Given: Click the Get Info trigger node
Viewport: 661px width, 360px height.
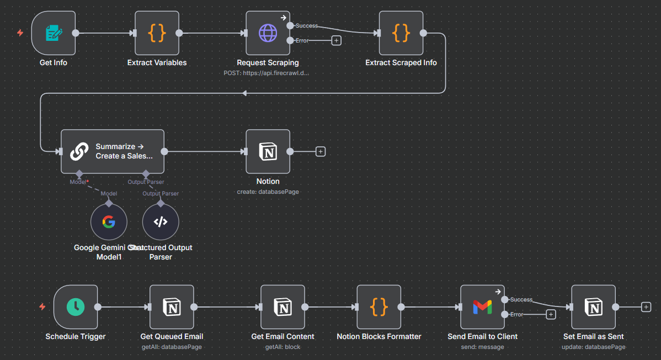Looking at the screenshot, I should (54, 33).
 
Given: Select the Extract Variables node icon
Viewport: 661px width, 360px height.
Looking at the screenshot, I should (157, 33).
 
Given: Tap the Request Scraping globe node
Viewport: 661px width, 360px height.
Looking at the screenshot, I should (268, 33).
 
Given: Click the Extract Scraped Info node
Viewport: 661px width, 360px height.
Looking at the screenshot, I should (401, 33).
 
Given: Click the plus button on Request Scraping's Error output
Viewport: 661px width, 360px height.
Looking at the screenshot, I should (336, 40).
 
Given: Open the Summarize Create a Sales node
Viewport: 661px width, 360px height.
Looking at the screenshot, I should (113, 151).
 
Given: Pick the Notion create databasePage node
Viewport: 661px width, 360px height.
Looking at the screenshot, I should (268, 151).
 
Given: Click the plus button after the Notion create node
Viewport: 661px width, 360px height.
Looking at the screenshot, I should (321, 151).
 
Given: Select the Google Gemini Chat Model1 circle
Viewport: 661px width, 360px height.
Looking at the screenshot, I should (109, 222).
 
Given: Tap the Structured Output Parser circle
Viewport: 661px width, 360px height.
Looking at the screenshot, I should (161, 222).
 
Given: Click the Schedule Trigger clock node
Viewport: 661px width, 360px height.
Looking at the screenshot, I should (76, 307).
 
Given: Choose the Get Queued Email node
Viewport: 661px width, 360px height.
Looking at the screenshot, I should (172, 307).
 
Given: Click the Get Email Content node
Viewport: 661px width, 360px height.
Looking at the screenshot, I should (282, 307).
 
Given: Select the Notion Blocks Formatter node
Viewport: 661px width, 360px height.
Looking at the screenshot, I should (379, 307).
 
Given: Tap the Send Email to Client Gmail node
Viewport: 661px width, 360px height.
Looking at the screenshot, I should (482, 307).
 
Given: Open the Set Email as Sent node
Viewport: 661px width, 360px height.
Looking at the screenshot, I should (593, 307).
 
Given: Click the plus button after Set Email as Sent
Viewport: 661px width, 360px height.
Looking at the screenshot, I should (646, 307).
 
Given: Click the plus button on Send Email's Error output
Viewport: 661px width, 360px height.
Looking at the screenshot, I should (550, 314).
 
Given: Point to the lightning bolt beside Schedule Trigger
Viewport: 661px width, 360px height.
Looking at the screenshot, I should (42, 307).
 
